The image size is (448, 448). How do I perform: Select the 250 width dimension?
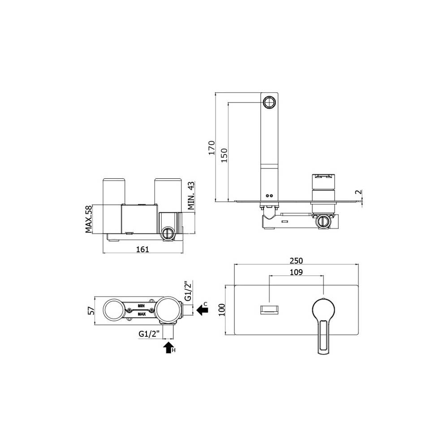coord(296,261)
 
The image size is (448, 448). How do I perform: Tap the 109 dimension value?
coord(296,271)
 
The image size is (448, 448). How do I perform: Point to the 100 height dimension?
coord(220,310)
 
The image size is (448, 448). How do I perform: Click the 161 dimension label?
coord(142,249)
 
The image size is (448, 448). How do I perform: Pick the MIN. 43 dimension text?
coord(191,195)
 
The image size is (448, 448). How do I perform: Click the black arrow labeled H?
coord(168,347)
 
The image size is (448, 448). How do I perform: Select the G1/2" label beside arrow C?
coord(189,291)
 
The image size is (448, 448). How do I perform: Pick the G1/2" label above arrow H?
coord(149,334)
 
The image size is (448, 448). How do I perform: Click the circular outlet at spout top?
coord(270,102)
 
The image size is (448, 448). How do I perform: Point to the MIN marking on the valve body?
coord(141,306)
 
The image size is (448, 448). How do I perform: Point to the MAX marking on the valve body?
coord(142,314)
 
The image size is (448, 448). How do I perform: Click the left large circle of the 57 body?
coord(114,310)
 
